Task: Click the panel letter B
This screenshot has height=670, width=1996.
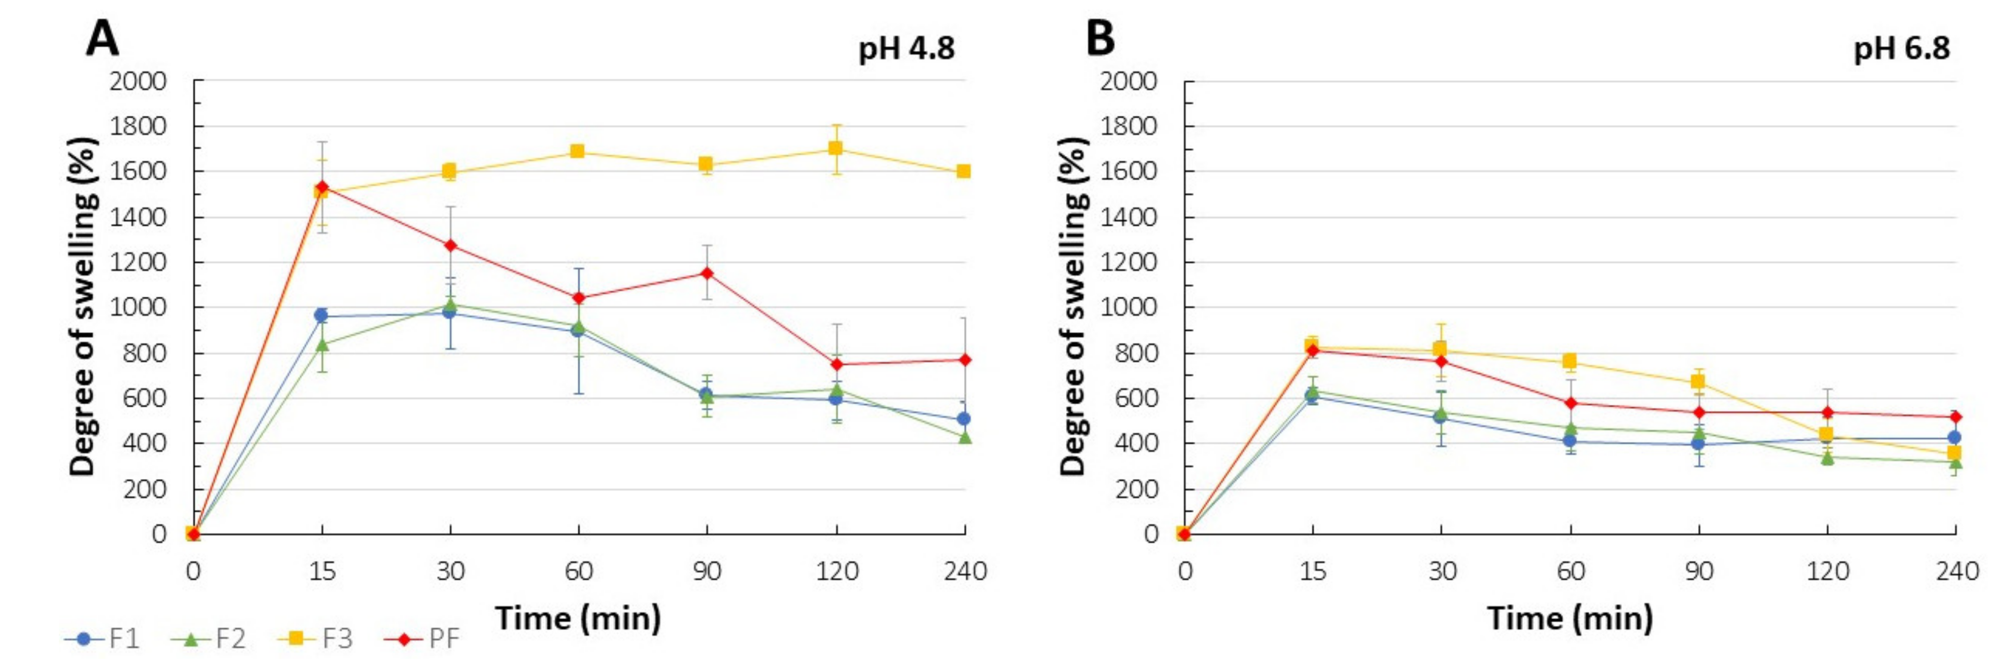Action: pyautogui.click(x=1100, y=39)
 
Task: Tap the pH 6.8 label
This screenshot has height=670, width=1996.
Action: pyautogui.click(x=1901, y=50)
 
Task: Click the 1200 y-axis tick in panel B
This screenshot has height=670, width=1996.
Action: pyautogui.click(x=1129, y=262)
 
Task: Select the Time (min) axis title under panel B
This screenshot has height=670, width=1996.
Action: pyautogui.click(x=1570, y=618)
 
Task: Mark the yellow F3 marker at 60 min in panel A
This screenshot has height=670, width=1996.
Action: pyautogui.click(x=577, y=151)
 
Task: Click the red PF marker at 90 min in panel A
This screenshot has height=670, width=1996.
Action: pyautogui.click(x=707, y=273)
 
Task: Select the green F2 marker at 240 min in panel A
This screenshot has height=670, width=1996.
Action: pyautogui.click(x=964, y=437)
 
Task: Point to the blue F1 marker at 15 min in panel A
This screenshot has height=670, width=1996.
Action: pyautogui.click(x=321, y=315)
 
